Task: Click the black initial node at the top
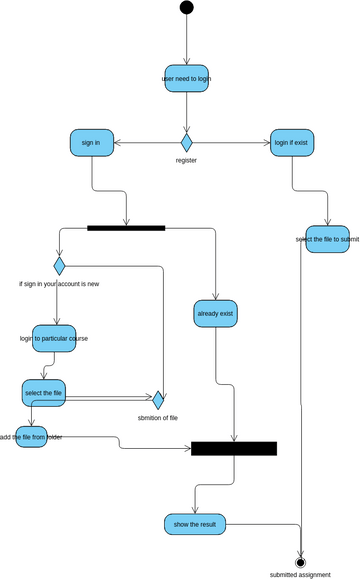point(186,8)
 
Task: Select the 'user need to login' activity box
point(186,78)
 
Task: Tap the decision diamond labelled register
point(186,142)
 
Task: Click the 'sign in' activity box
point(91,142)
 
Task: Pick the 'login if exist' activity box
point(291,142)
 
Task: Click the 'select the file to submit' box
point(327,239)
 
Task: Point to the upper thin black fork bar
point(126,228)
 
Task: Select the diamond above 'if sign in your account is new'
point(59,265)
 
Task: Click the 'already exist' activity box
point(215,314)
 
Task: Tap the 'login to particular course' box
point(54,338)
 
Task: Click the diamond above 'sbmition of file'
point(158,399)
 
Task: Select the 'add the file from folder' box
point(31,437)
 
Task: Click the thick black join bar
point(234,449)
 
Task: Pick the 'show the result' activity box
point(195,524)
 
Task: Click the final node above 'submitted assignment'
point(300,561)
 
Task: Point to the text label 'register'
point(186,160)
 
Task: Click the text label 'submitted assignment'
point(300,575)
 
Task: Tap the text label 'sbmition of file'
point(158,416)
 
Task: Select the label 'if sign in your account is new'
point(59,283)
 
